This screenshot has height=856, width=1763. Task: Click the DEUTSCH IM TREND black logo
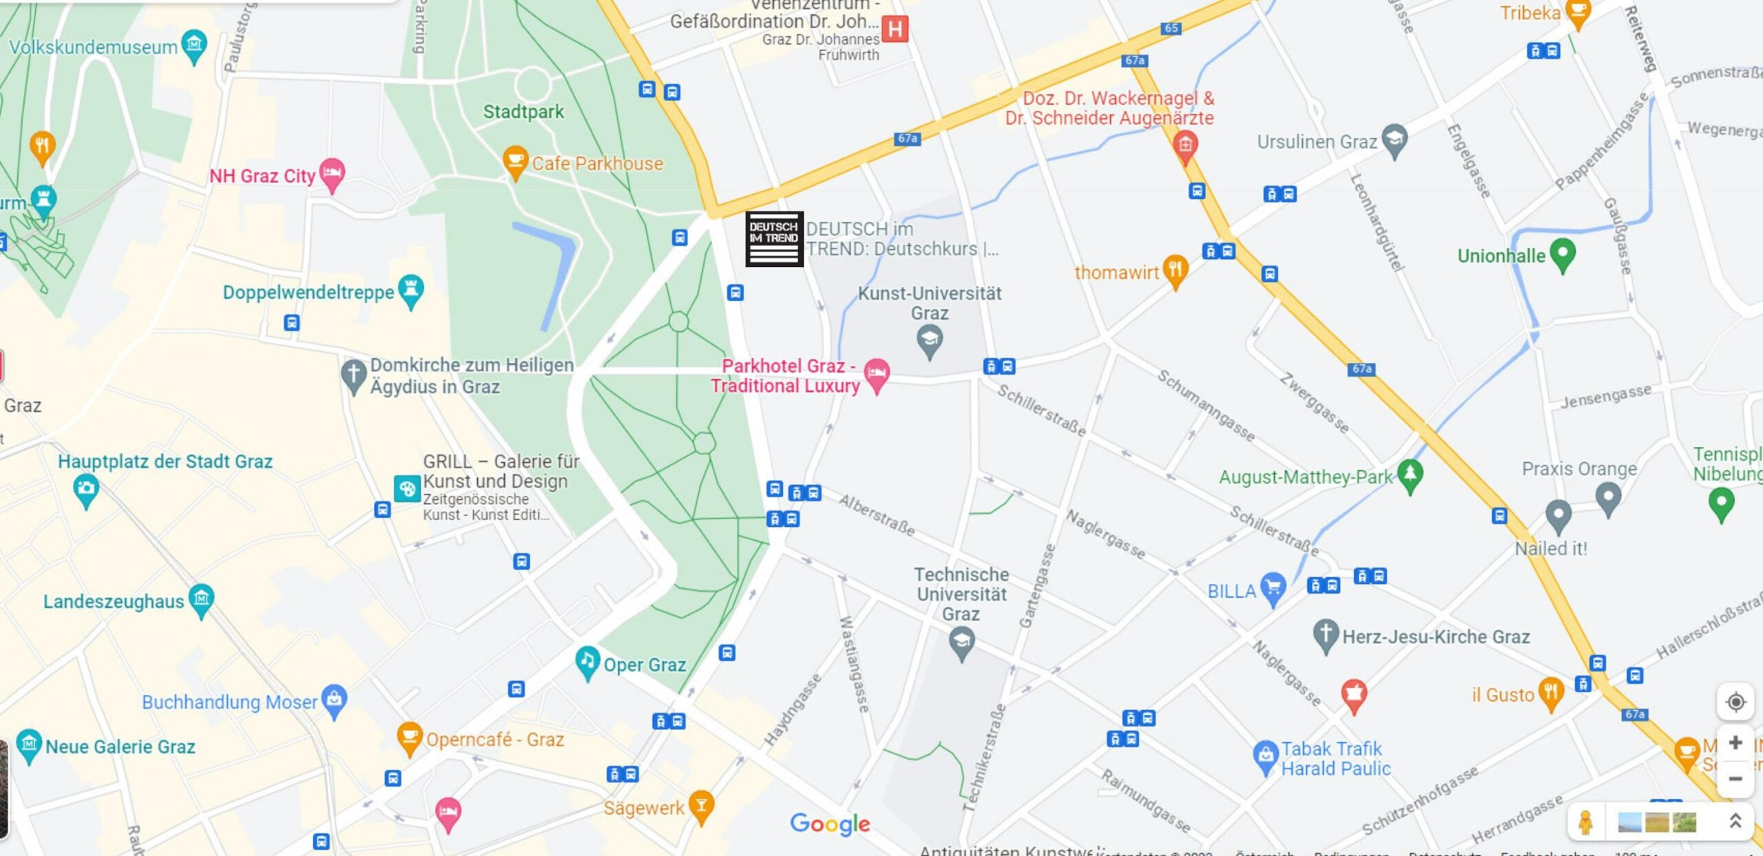point(774,239)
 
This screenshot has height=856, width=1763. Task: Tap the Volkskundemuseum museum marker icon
point(194,45)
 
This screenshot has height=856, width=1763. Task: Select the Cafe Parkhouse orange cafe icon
point(514,161)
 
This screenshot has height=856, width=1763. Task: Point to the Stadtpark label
point(523,112)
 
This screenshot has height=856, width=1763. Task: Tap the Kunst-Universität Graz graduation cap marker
point(929,340)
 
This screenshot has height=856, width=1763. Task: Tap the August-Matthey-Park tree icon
point(1410,474)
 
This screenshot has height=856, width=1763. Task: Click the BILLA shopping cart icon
point(1273,588)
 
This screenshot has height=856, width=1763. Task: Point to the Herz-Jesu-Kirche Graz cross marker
point(1325,634)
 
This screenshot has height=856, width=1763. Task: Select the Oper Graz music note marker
point(587,662)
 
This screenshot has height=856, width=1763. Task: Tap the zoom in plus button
point(1735,742)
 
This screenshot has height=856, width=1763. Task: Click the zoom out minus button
point(1735,779)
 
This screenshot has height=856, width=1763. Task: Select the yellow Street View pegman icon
point(1585,822)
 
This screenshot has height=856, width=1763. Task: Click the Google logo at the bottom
point(830,824)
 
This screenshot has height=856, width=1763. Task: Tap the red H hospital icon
point(895,29)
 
